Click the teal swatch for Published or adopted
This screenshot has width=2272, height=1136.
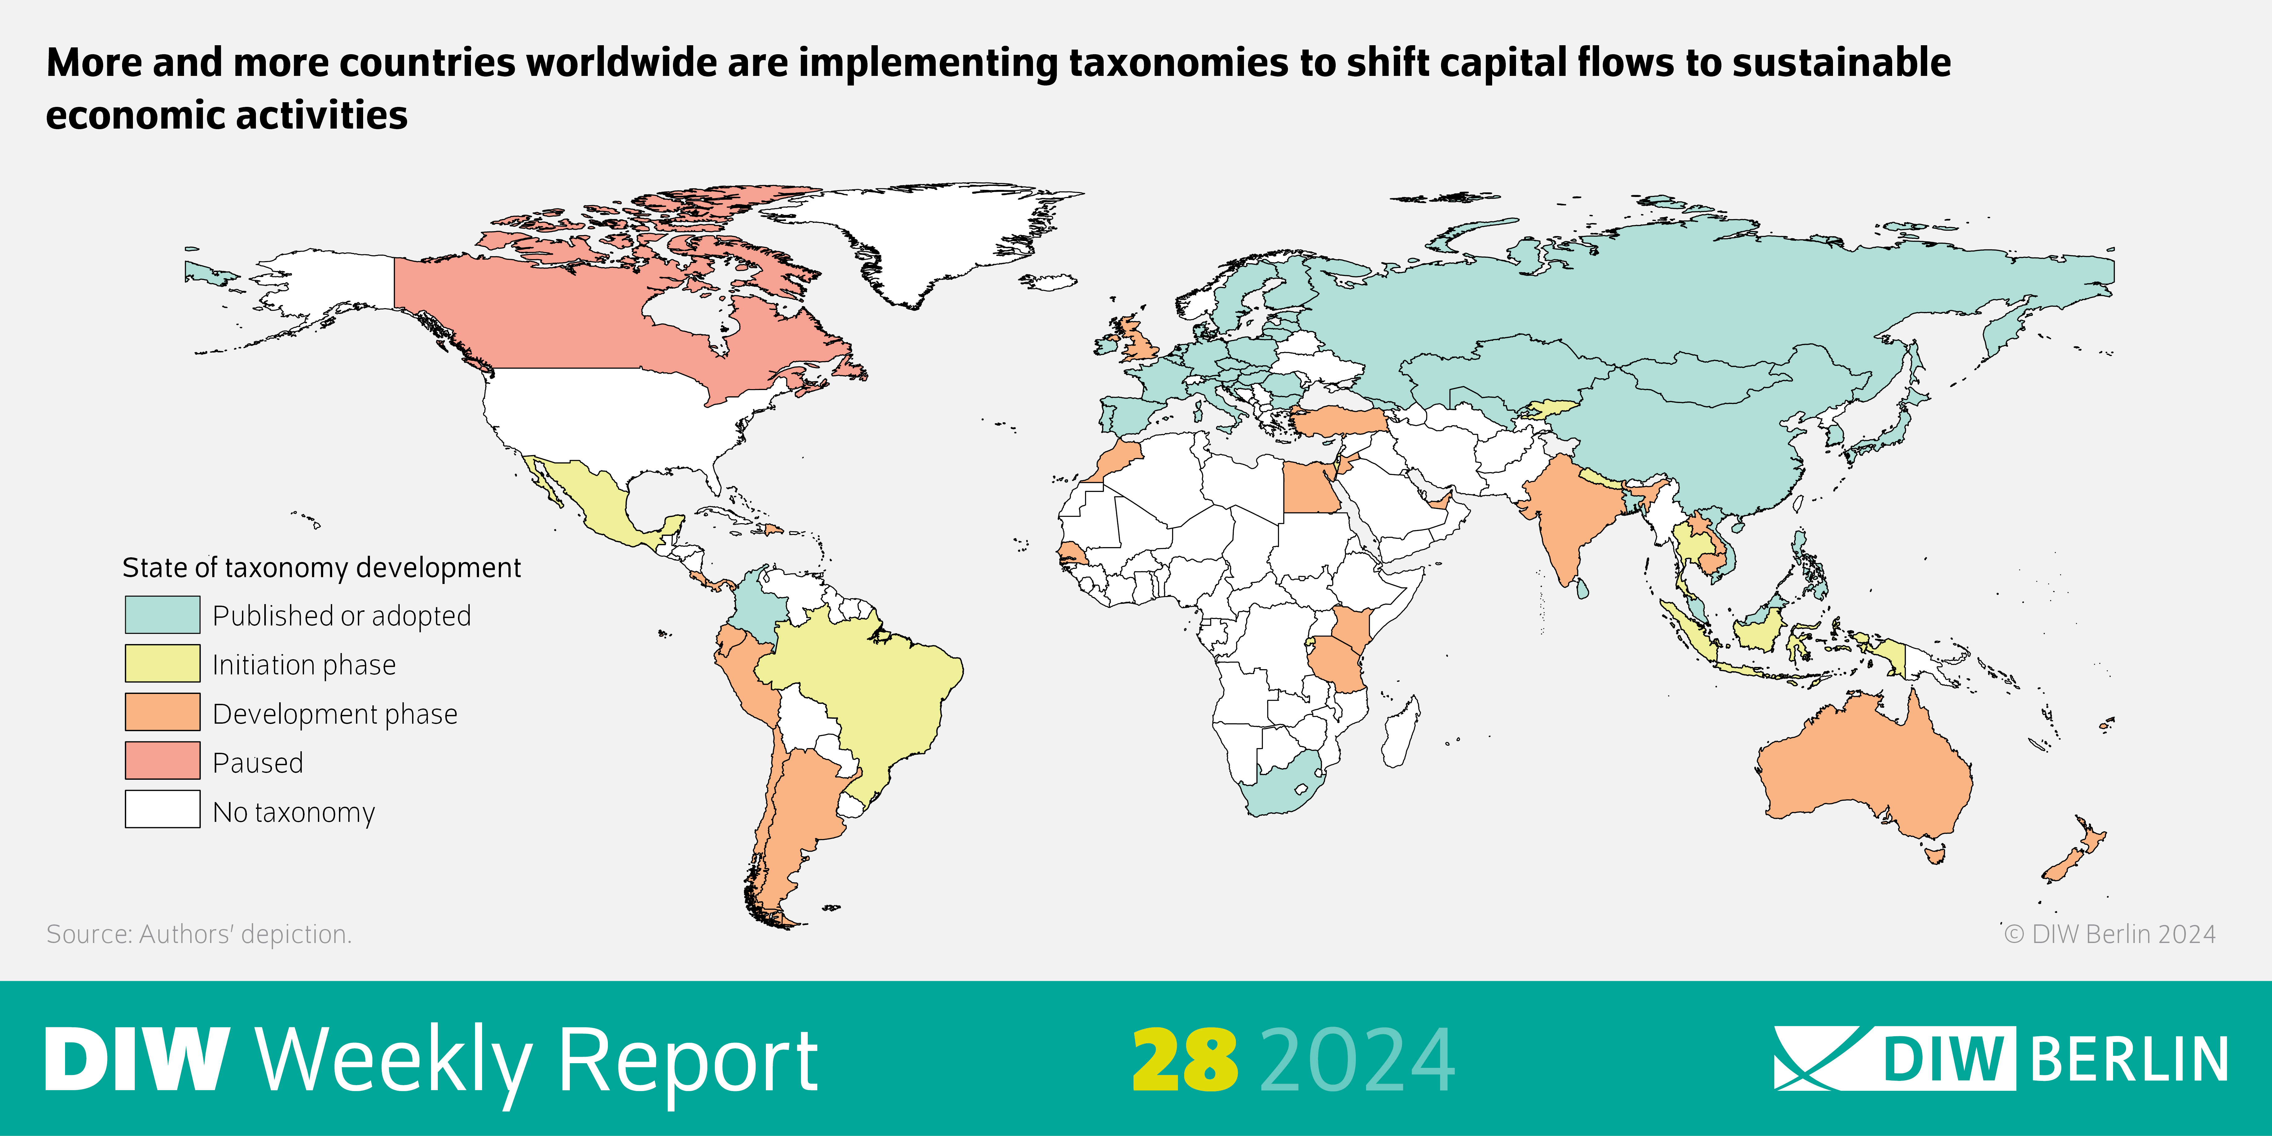pos(162,615)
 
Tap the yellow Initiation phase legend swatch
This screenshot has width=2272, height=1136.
pos(162,663)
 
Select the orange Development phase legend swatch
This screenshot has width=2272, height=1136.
pos(162,712)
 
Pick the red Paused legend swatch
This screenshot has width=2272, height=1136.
pos(162,760)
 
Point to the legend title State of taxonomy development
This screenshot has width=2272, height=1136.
pos(321,567)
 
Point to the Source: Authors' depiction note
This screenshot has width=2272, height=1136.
pos(198,934)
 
